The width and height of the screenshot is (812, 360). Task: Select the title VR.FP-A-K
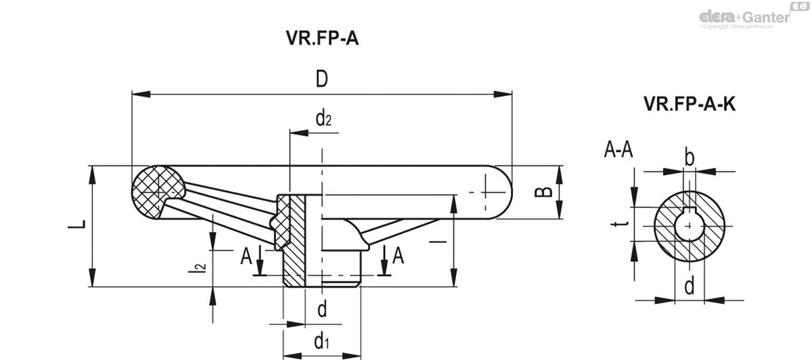(690, 104)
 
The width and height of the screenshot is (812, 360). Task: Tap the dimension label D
(321, 79)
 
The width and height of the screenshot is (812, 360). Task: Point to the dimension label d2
(323, 120)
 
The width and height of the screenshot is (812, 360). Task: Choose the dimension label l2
(198, 268)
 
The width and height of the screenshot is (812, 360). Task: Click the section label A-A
(618, 150)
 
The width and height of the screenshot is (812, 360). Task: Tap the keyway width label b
(689, 158)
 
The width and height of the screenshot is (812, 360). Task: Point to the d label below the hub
(322, 309)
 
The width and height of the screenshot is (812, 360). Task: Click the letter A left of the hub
(246, 256)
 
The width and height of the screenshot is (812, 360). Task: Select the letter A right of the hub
(399, 256)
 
